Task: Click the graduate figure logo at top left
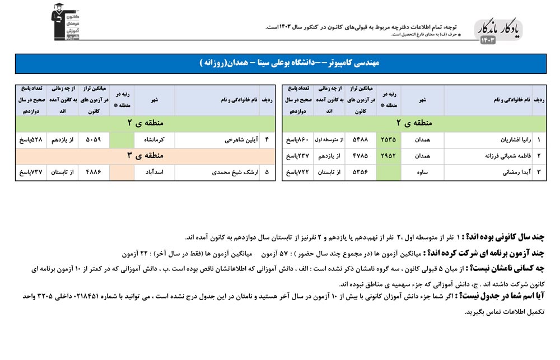pyautogui.click(x=65, y=22)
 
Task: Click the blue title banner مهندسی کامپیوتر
pyautogui.click(x=280, y=63)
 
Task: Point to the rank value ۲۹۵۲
pyautogui.click(x=388, y=156)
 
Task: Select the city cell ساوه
pyautogui.click(x=422, y=172)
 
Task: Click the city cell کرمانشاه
pyautogui.click(x=154, y=140)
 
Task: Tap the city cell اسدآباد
pyautogui.click(x=154, y=172)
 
